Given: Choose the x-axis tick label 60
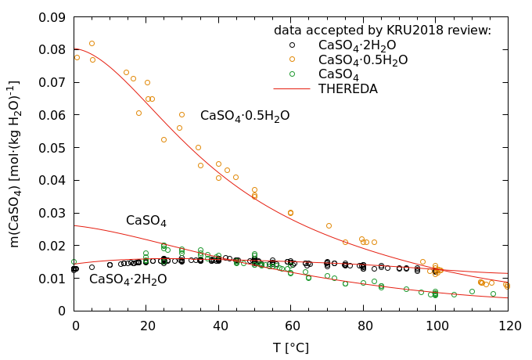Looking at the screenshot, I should [x=291, y=325].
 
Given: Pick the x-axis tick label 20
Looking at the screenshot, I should [x=146, y=325].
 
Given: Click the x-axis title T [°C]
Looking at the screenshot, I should [x=291, y=347].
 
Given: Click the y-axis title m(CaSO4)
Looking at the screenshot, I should [x=15, y=164].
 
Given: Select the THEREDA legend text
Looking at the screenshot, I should [x=347, y=89].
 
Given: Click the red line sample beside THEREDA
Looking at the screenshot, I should [x=292, y=89].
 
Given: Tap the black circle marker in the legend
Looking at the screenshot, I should [x=292, y=45].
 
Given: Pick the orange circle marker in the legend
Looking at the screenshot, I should [x=292, y=59].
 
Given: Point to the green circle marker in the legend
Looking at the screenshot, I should [x=292, y=74].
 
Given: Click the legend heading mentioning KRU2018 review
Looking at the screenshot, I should [x=382, y=30].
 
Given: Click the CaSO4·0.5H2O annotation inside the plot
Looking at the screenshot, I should [x=244, y=116].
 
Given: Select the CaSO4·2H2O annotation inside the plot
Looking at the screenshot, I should [x=128, y=279].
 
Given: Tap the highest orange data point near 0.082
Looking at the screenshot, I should [x=92, y=44].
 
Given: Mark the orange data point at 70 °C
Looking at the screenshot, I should [x=329, y=225].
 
